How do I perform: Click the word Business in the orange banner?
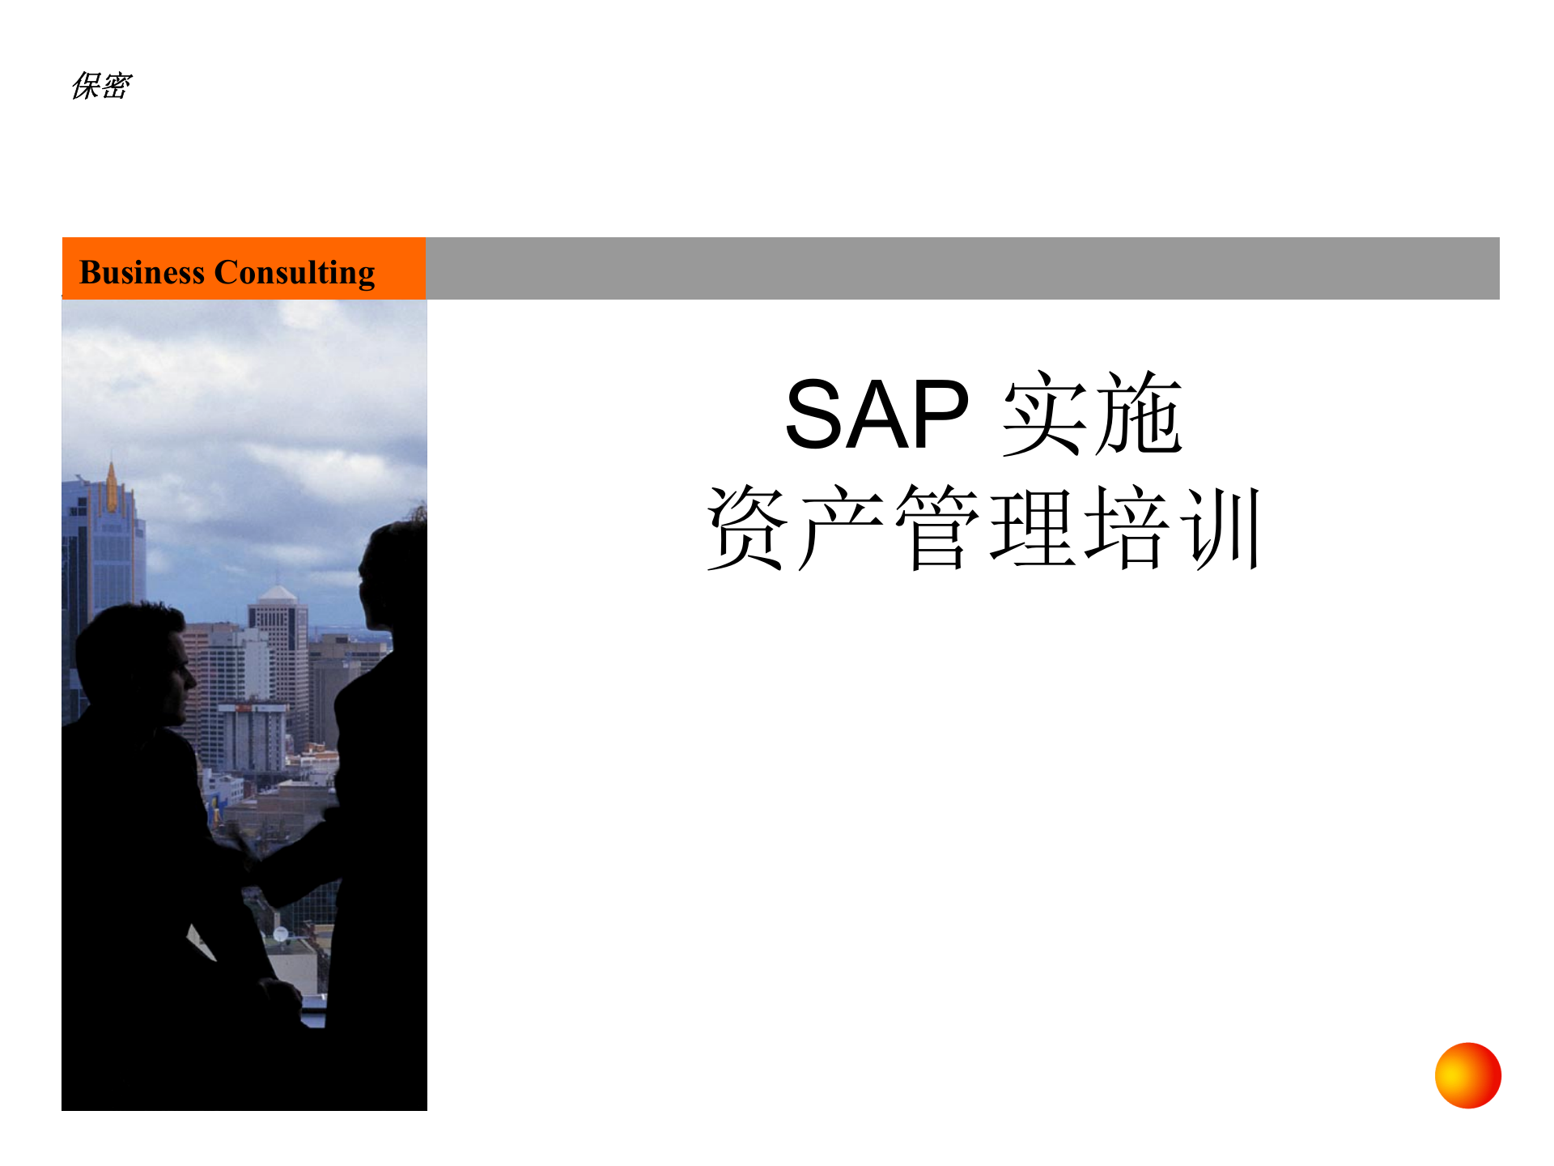pos(142,273)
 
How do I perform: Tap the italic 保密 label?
pos(101,86)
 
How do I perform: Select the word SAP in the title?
pos(877,415)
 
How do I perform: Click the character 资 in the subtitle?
pos(746,528)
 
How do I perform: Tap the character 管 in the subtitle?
pos(936,528)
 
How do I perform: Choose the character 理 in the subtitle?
pos(1032,528)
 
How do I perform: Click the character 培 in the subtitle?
pos(1127,528)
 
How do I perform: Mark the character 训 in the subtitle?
pos(1221,528)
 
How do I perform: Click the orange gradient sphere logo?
pos(1467,1075)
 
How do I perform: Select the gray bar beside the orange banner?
pos(962,268)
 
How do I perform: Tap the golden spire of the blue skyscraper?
pos(112,486)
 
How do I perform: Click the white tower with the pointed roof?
pos(278,632)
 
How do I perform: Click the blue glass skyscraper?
pos(105,551)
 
